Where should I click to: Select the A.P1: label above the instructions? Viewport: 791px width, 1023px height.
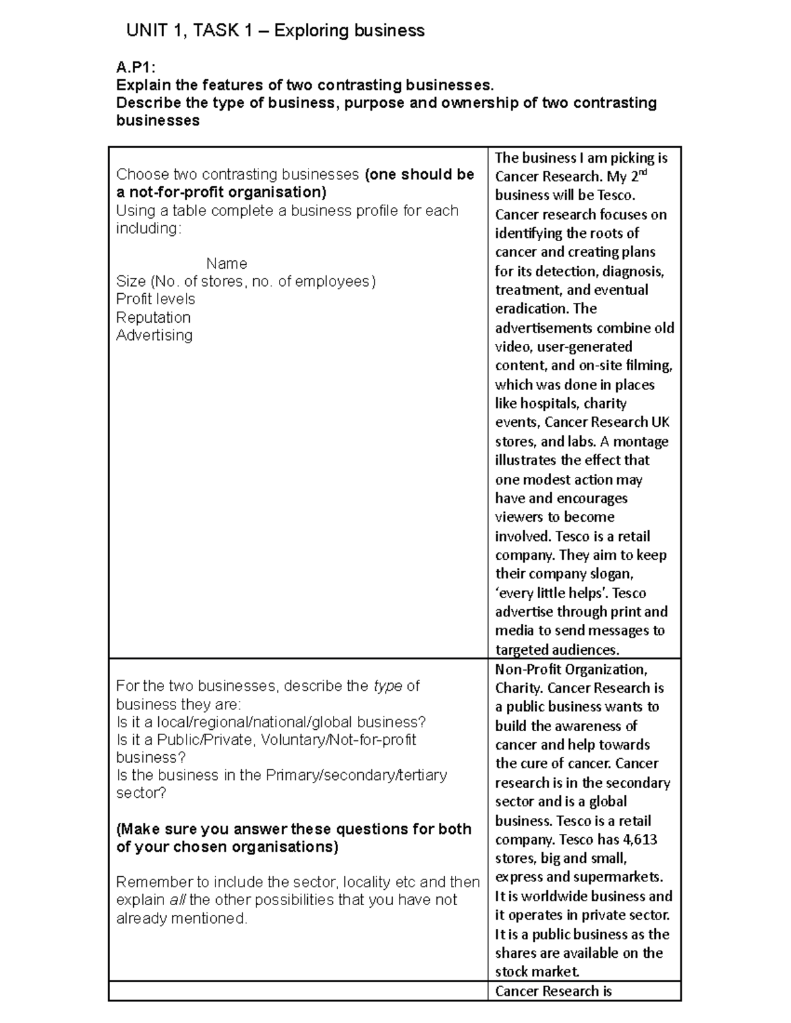click(135, 67)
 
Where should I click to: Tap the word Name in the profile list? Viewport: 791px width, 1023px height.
click(226, 263)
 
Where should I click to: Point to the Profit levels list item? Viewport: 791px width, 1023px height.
click(156, 299)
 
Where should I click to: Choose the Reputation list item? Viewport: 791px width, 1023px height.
click(153, 318)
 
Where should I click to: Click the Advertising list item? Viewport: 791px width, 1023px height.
click(154, 335)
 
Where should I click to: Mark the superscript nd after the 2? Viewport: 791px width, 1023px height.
click(643, 173)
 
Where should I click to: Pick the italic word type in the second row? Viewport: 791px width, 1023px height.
click(388, 686)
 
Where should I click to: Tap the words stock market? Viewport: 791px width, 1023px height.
click(537, 972)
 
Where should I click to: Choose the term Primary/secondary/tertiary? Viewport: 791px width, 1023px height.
click(356, 775)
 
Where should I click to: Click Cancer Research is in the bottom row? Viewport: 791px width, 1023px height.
click(553, 991)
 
